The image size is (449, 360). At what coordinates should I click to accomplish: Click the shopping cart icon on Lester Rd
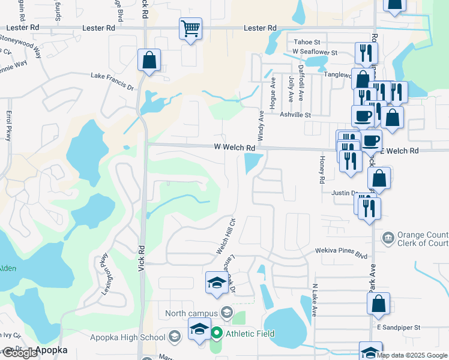190,28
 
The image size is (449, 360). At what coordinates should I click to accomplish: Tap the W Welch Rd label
235,148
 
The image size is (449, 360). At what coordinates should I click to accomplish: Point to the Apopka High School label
136,337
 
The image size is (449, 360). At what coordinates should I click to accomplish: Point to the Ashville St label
294,115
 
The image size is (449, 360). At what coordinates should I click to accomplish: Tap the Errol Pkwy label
9,125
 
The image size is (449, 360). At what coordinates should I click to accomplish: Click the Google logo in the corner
20,352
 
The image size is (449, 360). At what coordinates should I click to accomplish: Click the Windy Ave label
261,125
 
